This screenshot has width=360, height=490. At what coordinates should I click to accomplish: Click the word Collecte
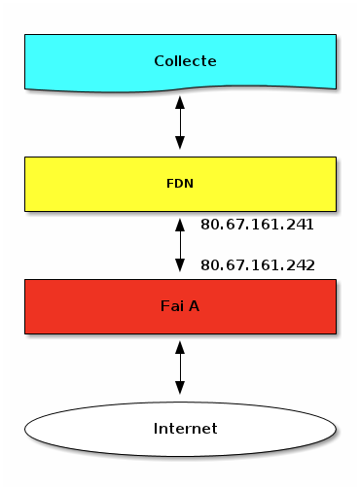click(185, 60)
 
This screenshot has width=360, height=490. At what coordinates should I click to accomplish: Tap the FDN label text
click(180, 183)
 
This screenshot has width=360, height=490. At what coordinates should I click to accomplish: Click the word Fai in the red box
click(170, 306)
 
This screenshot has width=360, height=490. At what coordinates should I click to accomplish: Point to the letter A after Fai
click(195, 306)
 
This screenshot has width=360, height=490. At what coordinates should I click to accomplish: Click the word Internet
click(185, 428)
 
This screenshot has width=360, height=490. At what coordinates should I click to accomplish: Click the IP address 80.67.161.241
click(257, 225)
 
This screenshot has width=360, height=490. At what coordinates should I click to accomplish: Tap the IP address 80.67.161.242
click(257, 264)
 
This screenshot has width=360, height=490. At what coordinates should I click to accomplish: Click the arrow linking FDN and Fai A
click(180, 245)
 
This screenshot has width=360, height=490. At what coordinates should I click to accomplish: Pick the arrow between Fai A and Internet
click(180, 367)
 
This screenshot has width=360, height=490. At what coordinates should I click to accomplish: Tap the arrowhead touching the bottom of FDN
click(180, 222)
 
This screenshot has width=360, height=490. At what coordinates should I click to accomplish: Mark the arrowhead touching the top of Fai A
click(180, 269)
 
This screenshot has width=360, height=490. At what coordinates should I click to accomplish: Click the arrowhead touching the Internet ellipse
click(180, 391)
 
